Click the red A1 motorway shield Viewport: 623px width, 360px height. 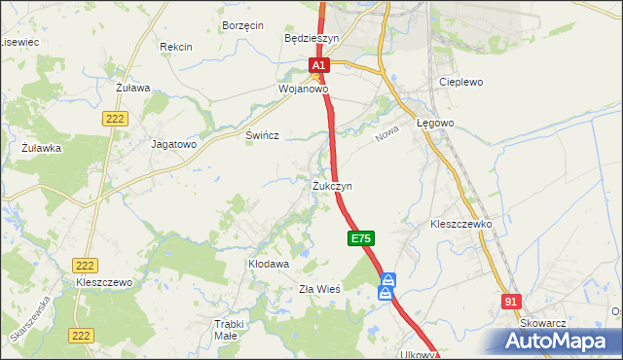click(x=320, y=66)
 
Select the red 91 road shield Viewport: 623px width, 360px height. click(x=512, y=303)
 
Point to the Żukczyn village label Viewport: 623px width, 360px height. click(x=332, y=185)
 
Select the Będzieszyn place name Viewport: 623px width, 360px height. click(x=311, y=38)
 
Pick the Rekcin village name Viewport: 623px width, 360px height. click(x=176, y=47)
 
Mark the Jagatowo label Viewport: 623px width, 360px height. click(x=174, y=143)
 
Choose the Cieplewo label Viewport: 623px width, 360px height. click(x=461, y=83)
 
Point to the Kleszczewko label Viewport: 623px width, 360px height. click(x=461, y=224)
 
